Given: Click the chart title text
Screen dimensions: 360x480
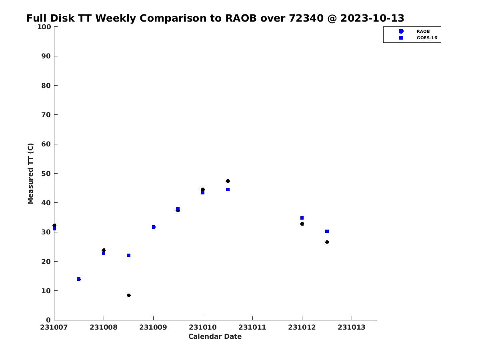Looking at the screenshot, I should coord(215,18).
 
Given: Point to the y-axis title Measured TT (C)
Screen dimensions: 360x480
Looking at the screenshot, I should coord(31,174).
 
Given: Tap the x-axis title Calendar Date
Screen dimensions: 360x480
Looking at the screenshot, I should coord(215,336).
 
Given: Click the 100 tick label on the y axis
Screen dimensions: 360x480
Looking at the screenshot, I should coord(44,27).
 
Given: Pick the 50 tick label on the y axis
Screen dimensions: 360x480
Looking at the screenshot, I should coord(46,174).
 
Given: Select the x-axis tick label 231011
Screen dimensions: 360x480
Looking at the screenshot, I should coord(252,327).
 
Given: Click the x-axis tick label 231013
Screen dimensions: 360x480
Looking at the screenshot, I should coord(352,327).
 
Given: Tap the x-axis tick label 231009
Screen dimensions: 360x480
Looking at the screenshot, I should coord(153,327).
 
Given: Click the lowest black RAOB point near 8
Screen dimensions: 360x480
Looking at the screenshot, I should coord(129,296).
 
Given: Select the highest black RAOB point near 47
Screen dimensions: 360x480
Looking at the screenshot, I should coord(228,181).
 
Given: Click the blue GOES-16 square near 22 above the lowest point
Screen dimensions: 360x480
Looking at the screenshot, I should coord(129,255).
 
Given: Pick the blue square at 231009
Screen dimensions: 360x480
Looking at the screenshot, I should coord(154,227).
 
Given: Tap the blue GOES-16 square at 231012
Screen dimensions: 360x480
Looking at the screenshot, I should coord(302,218).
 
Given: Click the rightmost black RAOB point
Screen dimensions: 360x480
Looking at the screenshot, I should coord(327,242).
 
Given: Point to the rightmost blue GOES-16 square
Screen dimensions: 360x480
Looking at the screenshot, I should coord(327,231).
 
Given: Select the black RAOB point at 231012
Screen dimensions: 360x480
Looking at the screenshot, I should coord(302,224).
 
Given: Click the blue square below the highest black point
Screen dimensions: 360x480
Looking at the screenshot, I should coord(228,190).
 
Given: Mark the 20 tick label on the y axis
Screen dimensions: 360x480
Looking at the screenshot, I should coord(46,262).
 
